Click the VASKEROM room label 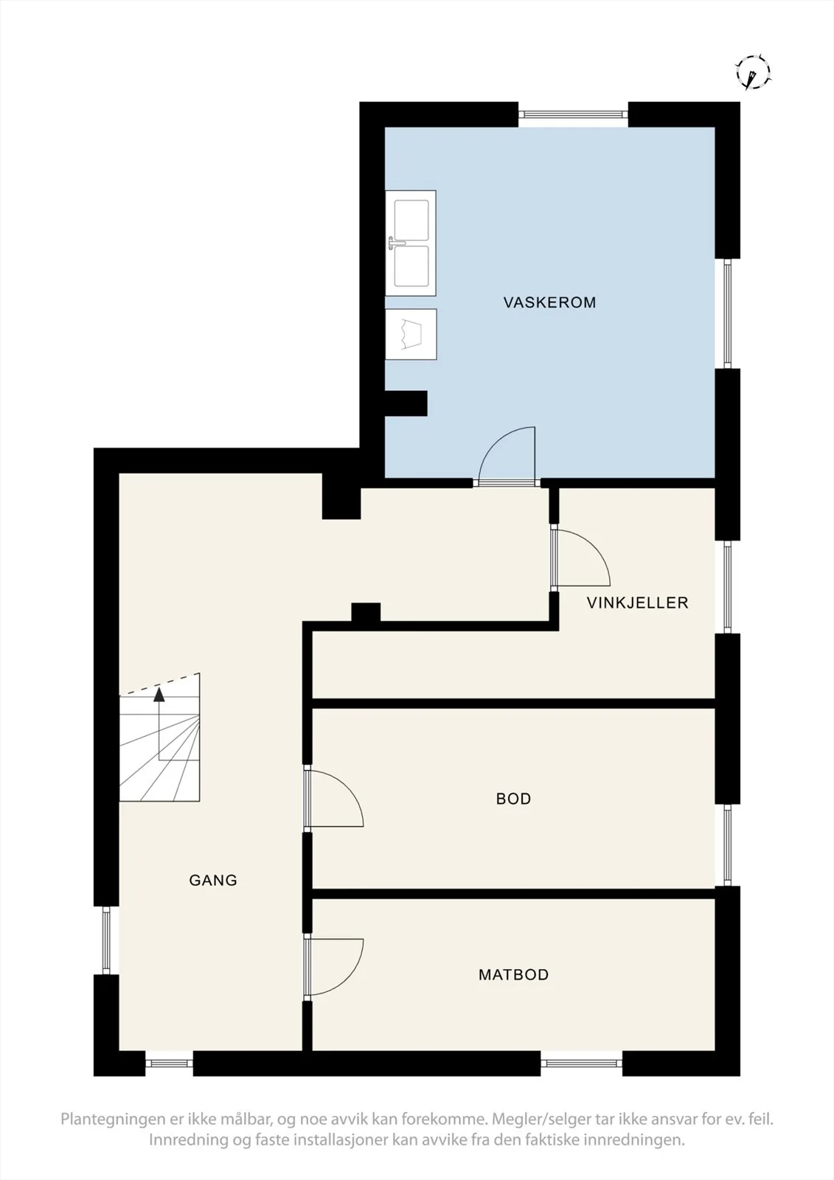click(x=549, y=302)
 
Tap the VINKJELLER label click(x=638, y=603)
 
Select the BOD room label click(x=514, y=799)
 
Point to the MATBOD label click(x=514, y=974)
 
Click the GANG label click(x=213, y=881)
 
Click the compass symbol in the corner click(x=753, y=71)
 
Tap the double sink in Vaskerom click(x=411, y=243)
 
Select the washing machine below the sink click(x=411, y=335)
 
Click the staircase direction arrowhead click(x=159, y=695)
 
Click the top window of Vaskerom click(x=573, y=114)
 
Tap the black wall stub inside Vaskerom click(x=406, y=403)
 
